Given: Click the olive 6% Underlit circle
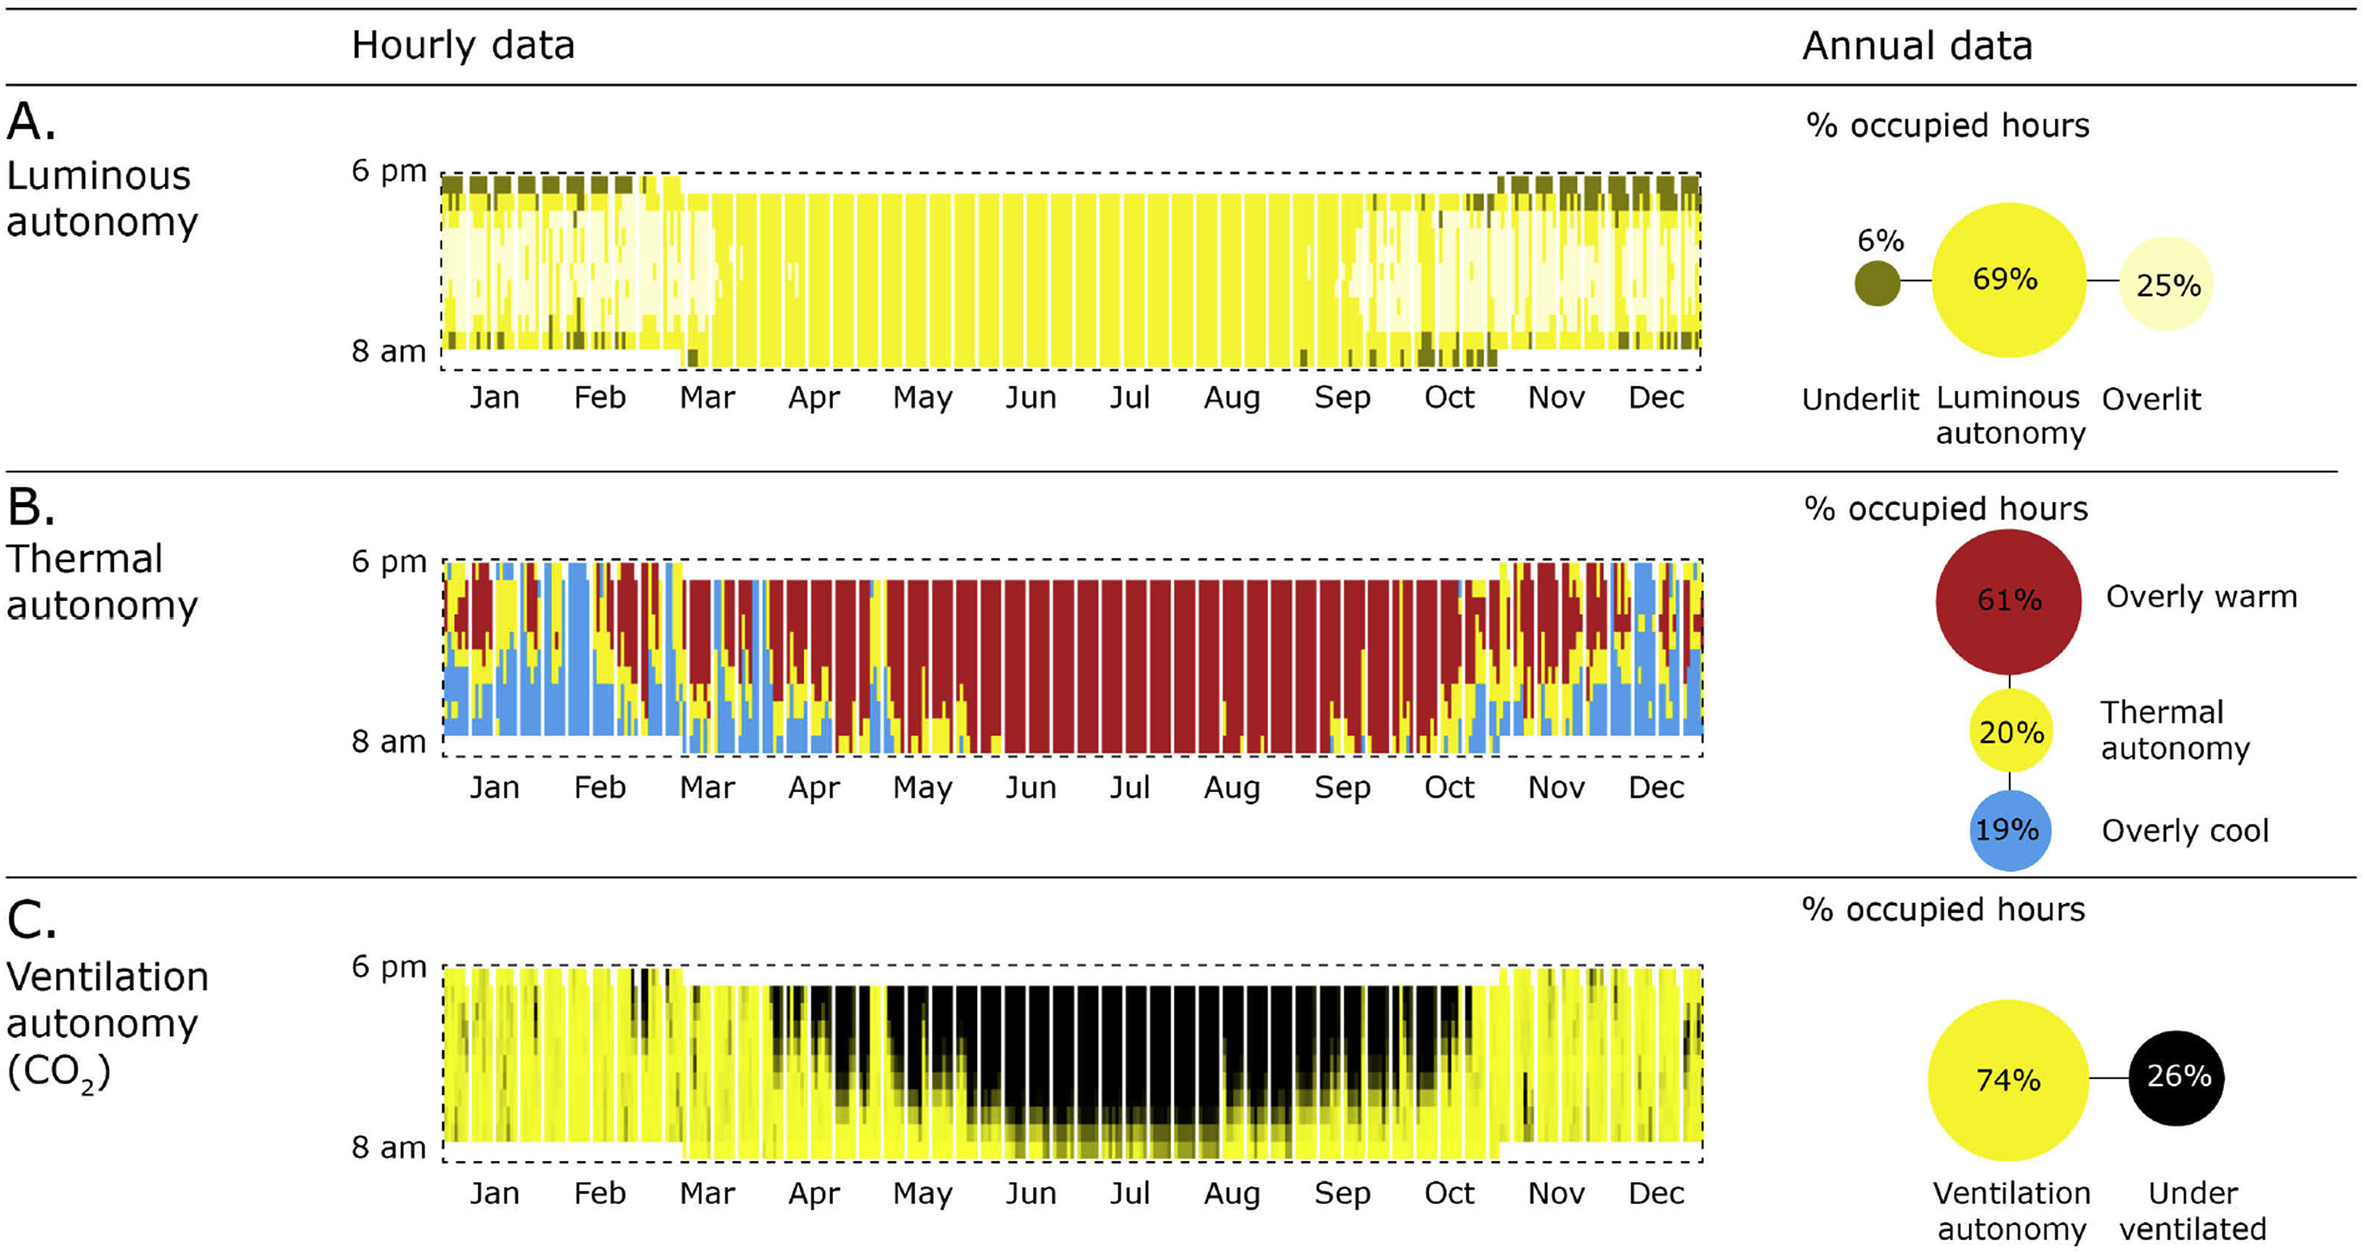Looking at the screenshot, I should [x=1877, y=283].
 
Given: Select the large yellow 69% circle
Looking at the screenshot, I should [x=2009, y=280].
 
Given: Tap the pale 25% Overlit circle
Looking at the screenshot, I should [x=2167, y=285].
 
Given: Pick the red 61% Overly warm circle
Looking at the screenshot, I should [x=2009, y=602].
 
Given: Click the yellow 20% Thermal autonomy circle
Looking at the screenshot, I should [x=2010, y=732].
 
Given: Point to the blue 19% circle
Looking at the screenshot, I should [x=2010, y=830].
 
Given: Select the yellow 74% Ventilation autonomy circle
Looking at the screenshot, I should [x=2008, y=1080].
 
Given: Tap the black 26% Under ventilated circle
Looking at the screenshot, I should [x=2177, y=1077].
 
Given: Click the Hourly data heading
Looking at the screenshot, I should [x=463, y=45].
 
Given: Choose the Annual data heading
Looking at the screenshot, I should [x=1917, y=45].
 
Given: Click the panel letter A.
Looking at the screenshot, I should [x=31, y=122].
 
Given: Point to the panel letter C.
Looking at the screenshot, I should [x=31, y=920].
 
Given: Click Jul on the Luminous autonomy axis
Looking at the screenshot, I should [x=1129, y=397].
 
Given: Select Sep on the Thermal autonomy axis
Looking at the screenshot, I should [x=1342, y=788].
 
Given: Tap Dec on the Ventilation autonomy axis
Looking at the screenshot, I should [x=1656, y=1194].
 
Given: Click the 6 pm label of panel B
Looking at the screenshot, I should [x=389, y=561].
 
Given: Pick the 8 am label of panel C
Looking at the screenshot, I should [x=389, y=1147].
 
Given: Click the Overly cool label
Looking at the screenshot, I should [x=2185, y=831].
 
